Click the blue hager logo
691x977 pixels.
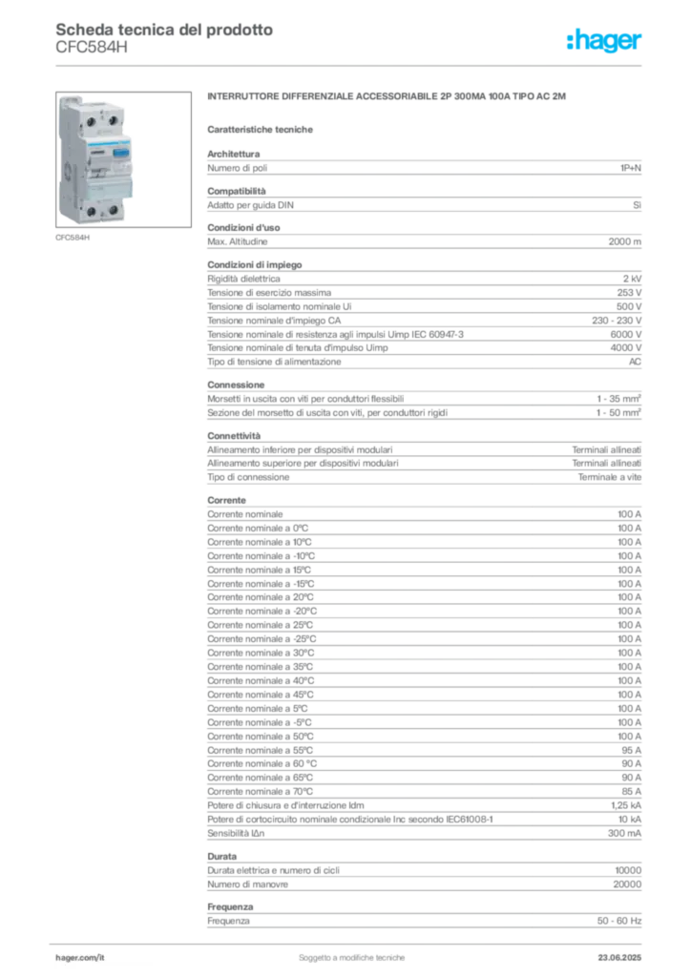605,42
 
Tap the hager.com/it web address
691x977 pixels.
80,954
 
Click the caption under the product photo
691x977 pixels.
73,238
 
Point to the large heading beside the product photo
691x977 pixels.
389,98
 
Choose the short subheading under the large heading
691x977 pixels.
263,129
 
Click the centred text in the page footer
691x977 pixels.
354,952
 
